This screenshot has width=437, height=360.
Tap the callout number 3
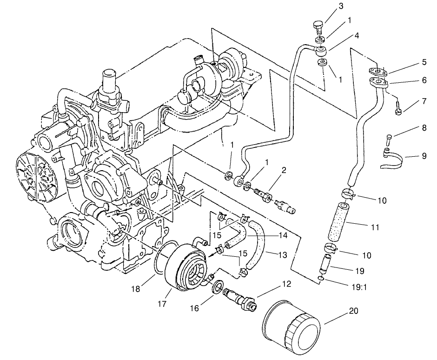click(341, 6)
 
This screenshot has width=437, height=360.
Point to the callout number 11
click(375, 228)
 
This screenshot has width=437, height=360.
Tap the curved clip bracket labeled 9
click(392, 160)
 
